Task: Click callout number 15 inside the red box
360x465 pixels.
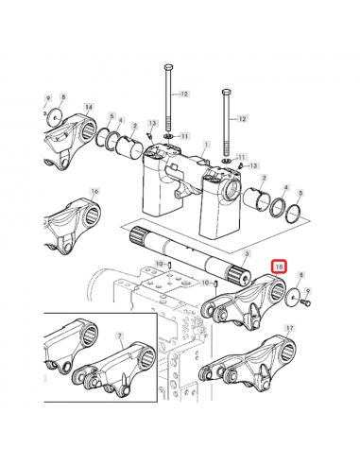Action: (x=279, y=267)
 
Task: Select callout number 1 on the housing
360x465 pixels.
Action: (x=207, y=145)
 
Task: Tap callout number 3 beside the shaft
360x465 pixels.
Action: (x=247, y=254)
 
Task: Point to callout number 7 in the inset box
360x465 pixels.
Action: (x=120, y=336)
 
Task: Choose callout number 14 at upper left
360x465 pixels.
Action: (x=89, y=107)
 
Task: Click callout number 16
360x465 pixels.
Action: (x=94, y=191)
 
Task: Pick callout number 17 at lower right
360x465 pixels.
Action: (x=290, y=328)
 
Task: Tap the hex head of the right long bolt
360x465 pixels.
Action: (x=226, y=92)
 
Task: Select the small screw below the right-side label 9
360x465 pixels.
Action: (x=307, y=302)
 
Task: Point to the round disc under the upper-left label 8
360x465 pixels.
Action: (x=54, y=117)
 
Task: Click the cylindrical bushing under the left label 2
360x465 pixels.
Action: (x=129, y=147)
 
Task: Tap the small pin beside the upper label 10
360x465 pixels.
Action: (x=169, y=265)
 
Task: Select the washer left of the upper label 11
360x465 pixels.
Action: (x=167, y=136)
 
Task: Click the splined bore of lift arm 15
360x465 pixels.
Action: (x=277, y=291)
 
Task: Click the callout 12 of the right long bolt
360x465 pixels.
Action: (x=242, y=119)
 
